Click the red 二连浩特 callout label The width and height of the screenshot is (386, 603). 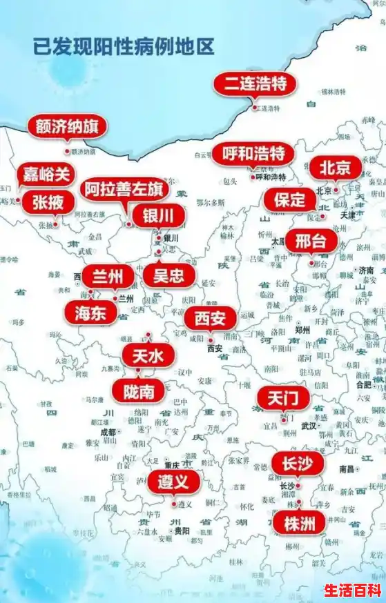click(255, 84)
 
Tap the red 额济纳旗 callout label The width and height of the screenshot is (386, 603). click(67, 127)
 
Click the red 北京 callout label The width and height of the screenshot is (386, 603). click(335, 167)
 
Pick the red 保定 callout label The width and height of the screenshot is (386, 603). click(289, 200)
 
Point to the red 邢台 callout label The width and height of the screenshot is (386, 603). click(311, 241)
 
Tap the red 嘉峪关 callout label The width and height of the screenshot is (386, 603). click(47, 175)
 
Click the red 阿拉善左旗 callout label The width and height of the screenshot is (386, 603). click(124, 188)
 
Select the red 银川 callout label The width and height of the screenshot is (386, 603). click(159, 215)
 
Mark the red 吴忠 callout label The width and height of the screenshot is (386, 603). click(168, 276)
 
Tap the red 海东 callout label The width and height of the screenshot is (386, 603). click(90, 312)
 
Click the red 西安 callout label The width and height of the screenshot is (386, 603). click(210, 319)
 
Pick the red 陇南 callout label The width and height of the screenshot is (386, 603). click(139, 391)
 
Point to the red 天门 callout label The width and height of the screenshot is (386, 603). click(283, 398)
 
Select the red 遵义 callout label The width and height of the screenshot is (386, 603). click(173, 482)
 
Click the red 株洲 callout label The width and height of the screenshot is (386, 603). click(298, 522)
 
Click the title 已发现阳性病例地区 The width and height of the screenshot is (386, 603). click(124, 47)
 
